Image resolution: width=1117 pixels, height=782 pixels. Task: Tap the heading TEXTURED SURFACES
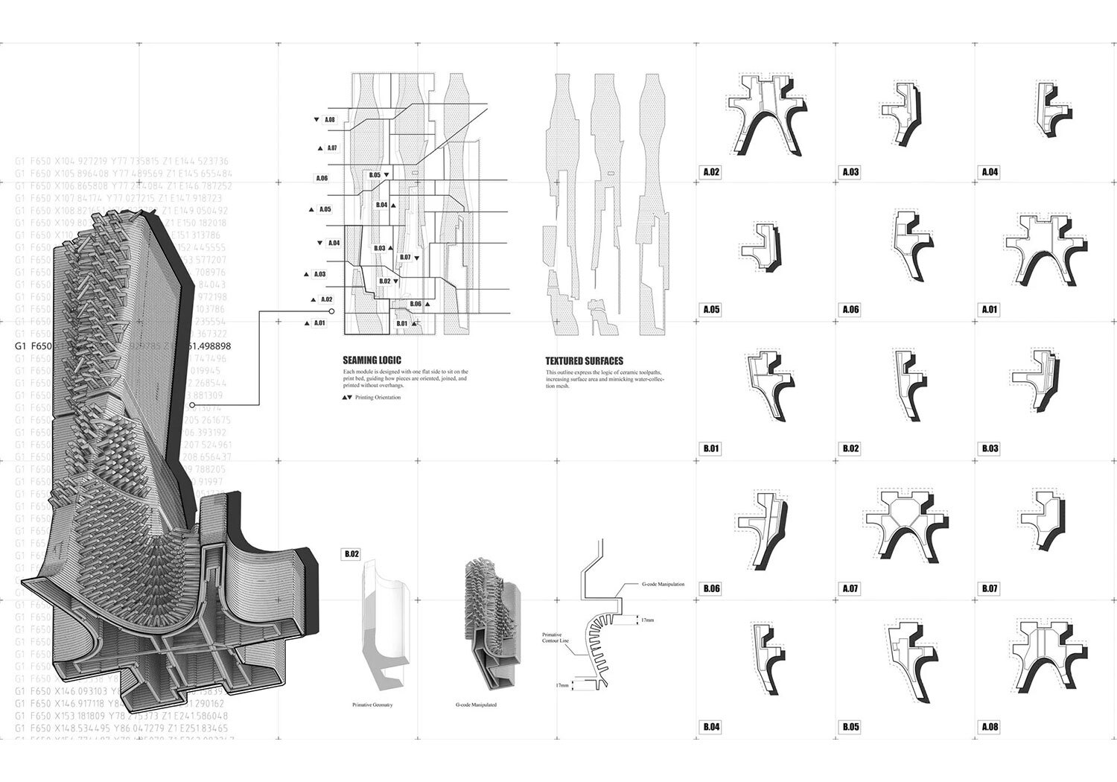(x=585, y=361)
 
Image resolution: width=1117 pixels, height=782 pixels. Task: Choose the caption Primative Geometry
(x=372, y=705)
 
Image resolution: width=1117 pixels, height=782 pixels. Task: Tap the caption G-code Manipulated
(x=476, y=705)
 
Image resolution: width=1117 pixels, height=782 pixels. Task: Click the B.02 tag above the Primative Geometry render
(x=351, y=554)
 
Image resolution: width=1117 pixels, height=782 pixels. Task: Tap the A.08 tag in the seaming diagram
(x=329, y=120)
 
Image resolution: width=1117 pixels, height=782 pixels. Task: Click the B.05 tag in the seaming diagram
(x=375, y=175)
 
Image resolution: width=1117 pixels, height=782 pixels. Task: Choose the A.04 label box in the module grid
(x=989, y=172)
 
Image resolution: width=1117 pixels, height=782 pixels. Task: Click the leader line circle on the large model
(x=192, y=405)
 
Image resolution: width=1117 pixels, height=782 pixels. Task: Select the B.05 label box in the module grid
(x=850, y=727)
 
